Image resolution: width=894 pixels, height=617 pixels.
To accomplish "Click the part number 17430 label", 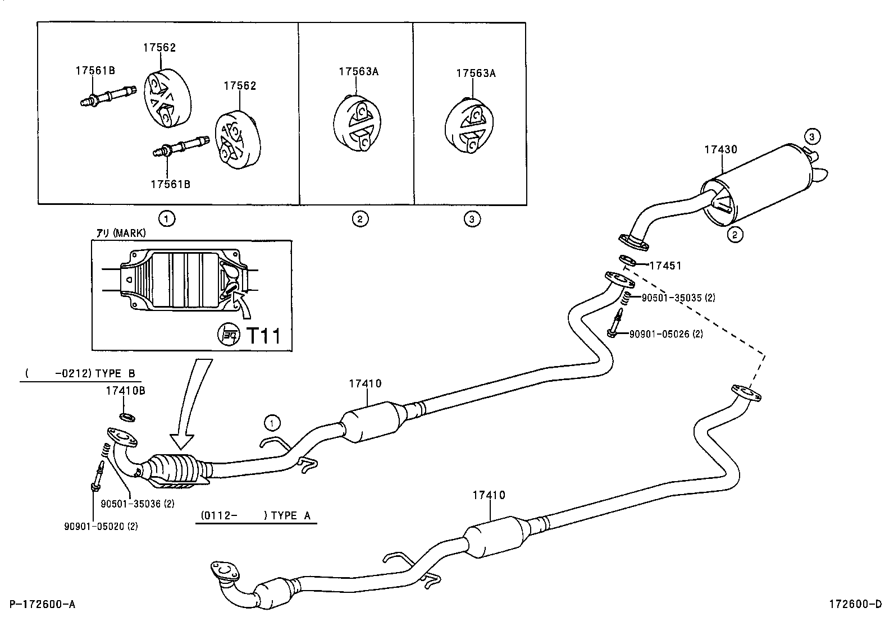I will pyautogui.click(x=721, y=150).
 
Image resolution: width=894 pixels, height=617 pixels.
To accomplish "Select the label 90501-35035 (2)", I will pyautogui.click(x=678, y=298).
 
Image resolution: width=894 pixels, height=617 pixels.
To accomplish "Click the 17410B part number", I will pyautogui.click(x=125, y=390).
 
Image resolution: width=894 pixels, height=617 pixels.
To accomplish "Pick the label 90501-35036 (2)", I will pyautogui.click(x=138, y=504).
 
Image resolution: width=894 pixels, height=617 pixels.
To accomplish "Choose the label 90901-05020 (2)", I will pyautogui.click(x=101, y=526).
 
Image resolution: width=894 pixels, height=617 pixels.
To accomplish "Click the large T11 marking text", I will pyautogui.click(x=263, y=336).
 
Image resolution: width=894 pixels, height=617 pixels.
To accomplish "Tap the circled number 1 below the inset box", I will pyautogui.click(x=166, y=218).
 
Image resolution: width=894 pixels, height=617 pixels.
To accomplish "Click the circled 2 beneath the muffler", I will pyautogui.click(x=735, y=235).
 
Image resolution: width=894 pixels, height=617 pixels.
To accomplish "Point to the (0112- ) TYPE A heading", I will pyautogui.click(x=256, y=515).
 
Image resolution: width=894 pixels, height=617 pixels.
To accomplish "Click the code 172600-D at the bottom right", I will pyautogui.click(x=855, y=604).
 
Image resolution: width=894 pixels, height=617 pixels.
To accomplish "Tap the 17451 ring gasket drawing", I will pyautogui.click(x=628, y=260).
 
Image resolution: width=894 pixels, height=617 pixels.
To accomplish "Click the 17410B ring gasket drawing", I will pyautogui.click(x=127, y=417).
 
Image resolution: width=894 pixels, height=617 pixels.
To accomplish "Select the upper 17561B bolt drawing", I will pyautogui.click(x=107, y=96).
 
